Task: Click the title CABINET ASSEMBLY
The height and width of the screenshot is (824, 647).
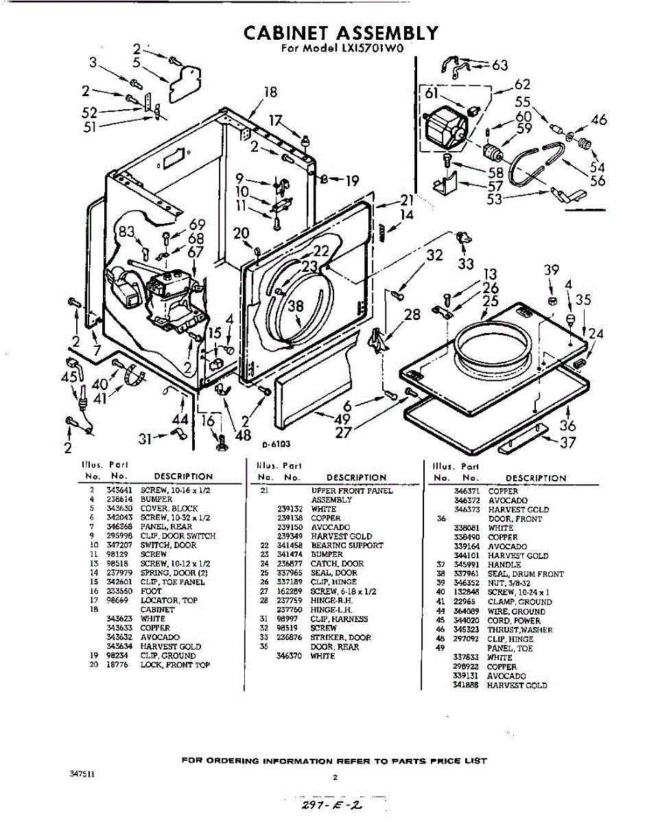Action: coord(340,32)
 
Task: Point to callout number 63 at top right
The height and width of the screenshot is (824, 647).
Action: coord(499,65)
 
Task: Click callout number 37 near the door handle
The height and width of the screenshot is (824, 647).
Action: coord(567,443)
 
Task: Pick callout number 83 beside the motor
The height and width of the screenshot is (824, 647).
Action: coord(126,232)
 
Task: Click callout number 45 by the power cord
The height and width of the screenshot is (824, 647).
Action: coord(69,377)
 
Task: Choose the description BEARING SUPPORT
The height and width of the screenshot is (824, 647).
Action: coord(338,545)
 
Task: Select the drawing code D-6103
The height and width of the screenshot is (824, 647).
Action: coord(276,444)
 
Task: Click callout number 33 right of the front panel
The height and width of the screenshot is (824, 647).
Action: coord(465,264)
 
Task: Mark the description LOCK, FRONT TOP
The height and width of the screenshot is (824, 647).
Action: coord(175,665)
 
